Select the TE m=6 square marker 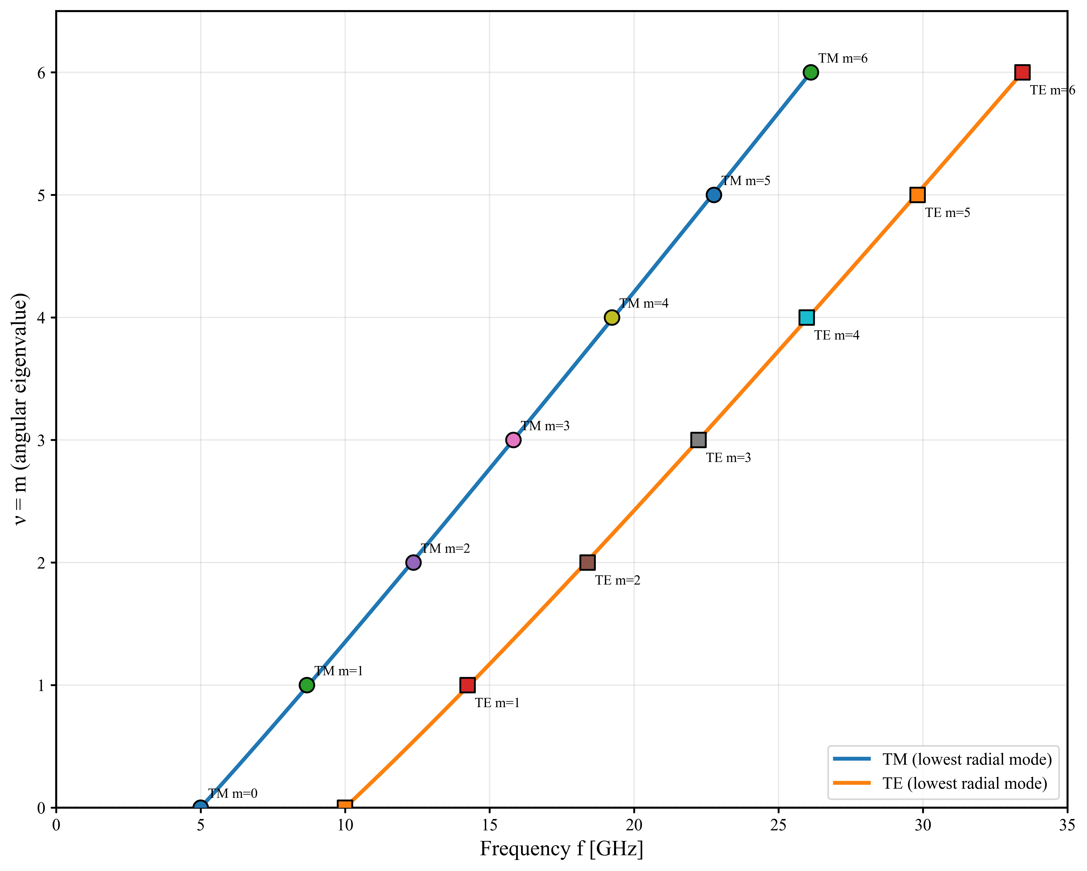1022,73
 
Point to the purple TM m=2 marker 413,563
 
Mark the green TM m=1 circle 307,685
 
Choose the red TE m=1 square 467,685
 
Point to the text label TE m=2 618,580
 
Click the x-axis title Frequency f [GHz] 562,849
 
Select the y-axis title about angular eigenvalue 20,409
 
